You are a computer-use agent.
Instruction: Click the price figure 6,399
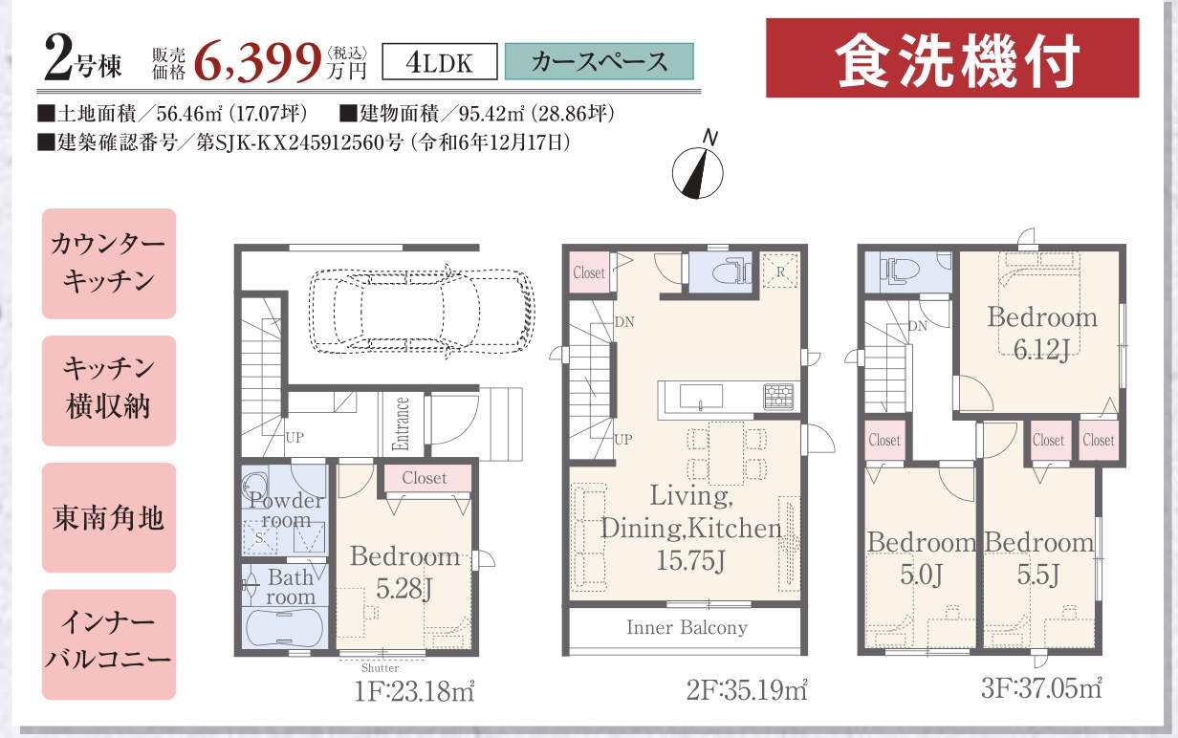tap(258, 63)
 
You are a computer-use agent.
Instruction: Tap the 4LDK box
tap(440, 61)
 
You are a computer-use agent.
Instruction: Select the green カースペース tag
tap(599, 61)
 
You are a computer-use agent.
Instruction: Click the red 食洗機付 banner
tap(952, 57)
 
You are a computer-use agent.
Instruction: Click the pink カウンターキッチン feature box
tap(109, 263)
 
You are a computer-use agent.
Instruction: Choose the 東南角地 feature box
tap(109, 518)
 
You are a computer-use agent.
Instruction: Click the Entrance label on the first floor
tap(402, 423)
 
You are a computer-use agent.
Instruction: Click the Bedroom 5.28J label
tap(404, 572)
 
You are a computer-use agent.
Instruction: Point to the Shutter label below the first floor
tap(380, 668)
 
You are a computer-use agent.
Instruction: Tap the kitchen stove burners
tap(779, 397)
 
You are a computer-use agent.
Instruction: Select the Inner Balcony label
tap(687, 628)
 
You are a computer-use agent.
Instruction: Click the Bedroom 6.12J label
tap(1042, 333)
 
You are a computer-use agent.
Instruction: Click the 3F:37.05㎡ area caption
tap(1041, 687)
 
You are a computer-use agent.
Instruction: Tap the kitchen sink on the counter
tap(701, 397)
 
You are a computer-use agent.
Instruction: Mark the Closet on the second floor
tap(589, 272)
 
